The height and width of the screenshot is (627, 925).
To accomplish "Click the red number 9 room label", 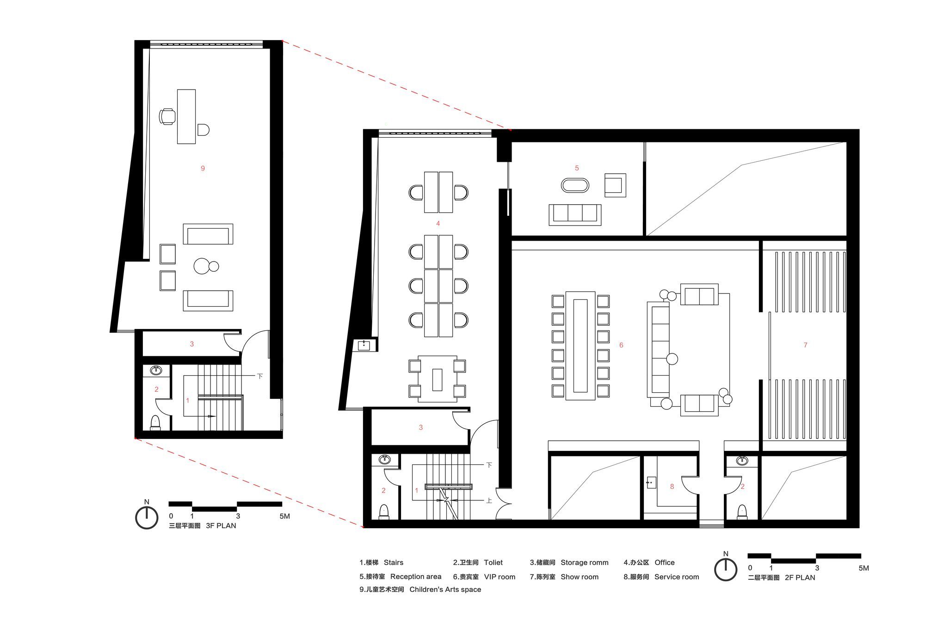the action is tap(203, 169).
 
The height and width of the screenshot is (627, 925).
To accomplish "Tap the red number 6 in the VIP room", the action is tap(621, 345).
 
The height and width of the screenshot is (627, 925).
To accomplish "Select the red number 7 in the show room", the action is tap(805, 345).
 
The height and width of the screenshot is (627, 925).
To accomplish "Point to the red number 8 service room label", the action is tap(672, 487).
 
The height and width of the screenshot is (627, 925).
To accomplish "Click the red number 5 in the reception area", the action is tap(577, 168).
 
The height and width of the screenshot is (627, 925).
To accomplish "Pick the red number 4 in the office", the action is tap(438, 224).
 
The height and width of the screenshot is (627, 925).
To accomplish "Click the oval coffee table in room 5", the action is tap(575, 185).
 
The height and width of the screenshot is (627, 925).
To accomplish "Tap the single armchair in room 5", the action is tap(615, 185).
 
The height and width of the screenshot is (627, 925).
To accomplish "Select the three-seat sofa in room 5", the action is tap(575, 215).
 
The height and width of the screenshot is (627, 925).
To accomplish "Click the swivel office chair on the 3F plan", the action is tap(167, 116).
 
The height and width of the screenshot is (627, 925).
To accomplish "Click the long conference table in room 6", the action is tap(580, 346).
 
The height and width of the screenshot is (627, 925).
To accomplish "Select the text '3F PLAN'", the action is tap(221, 526).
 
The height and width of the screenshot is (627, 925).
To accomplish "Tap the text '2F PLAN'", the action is tap(800, 578).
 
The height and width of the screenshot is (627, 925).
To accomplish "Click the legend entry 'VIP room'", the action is tap(499, 577).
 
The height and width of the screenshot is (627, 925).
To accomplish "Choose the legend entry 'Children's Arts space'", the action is tap(445, 590).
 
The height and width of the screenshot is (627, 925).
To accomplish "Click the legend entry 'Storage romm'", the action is tap(585, 563).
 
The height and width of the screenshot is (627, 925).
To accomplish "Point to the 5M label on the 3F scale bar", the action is tap(284, 516).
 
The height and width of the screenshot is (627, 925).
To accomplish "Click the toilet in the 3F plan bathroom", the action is tap(155, 423).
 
